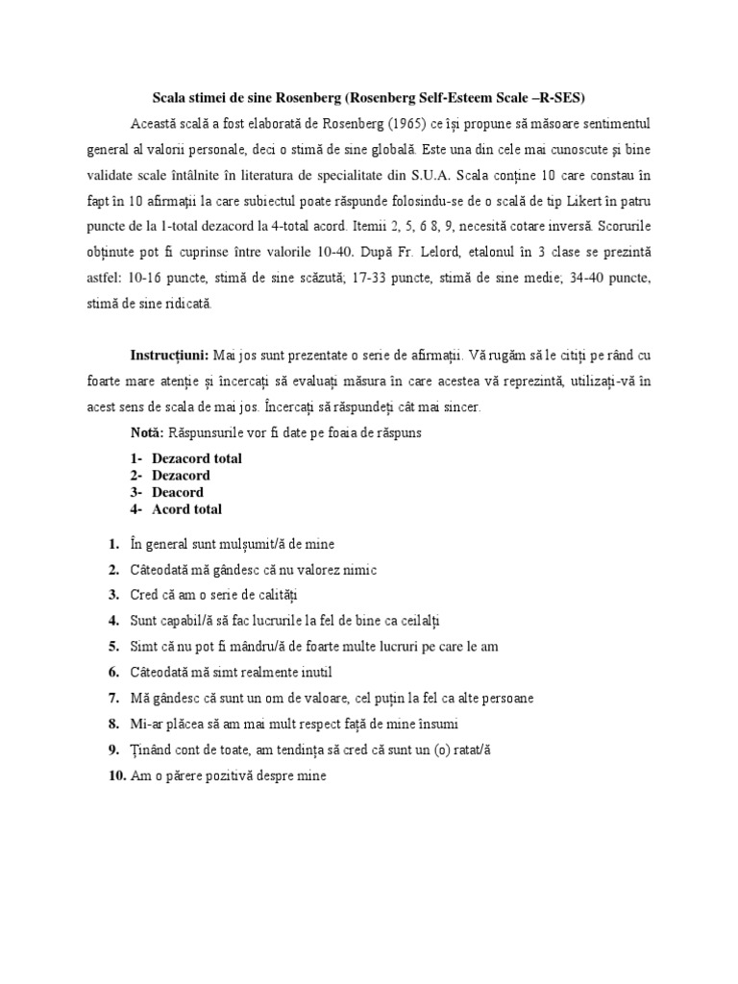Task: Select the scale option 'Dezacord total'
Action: (196, 458)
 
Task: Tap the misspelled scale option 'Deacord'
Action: (178, 492)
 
